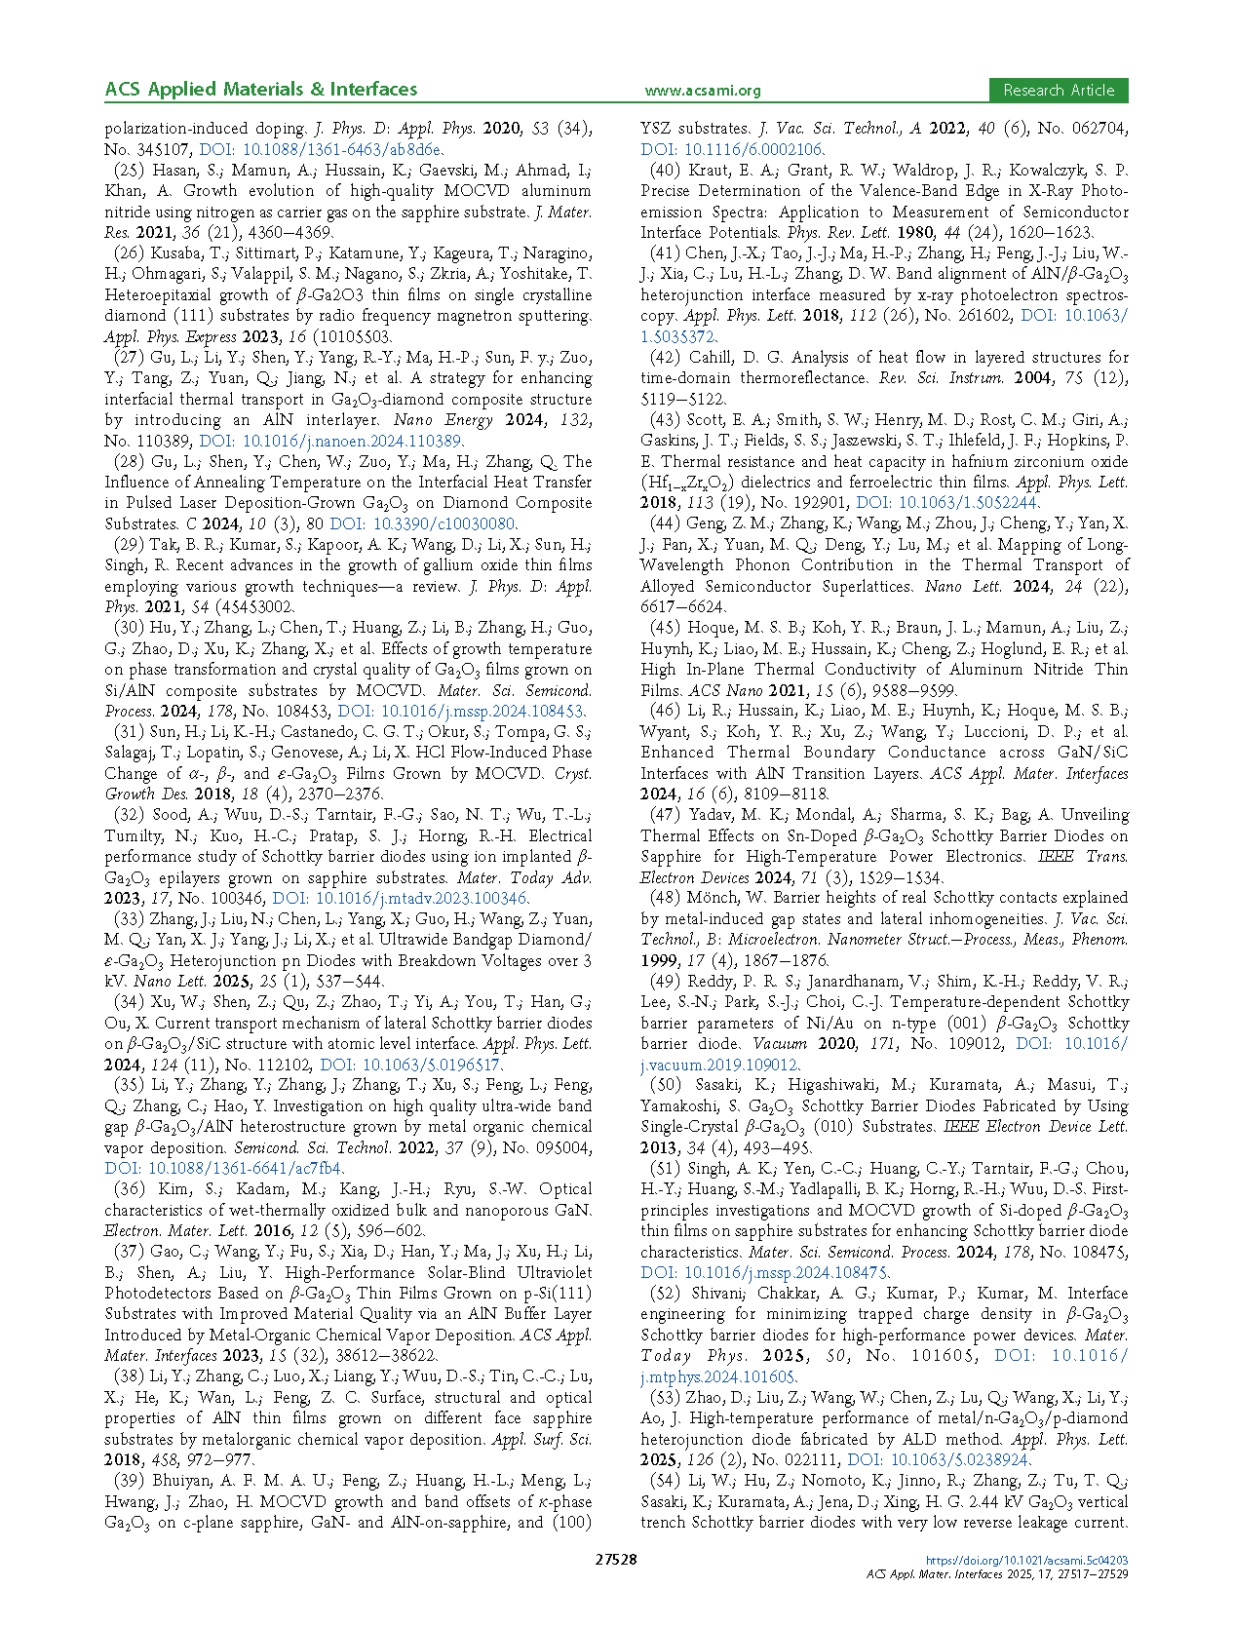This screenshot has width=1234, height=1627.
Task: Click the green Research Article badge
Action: coord(1058,91)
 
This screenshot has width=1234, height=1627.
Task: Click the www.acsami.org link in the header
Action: coord(702,91)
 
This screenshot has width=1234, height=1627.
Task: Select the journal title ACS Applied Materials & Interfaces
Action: coord(260,90)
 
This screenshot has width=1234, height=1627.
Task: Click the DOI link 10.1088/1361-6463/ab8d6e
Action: coord(321,150)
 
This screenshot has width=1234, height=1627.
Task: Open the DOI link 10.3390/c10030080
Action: coord(422,523)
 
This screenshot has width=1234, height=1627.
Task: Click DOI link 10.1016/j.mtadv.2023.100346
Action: coord(400,898)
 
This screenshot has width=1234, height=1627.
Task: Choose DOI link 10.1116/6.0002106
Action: coord(731,150)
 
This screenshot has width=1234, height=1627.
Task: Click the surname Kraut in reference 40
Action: coord(708,171)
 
